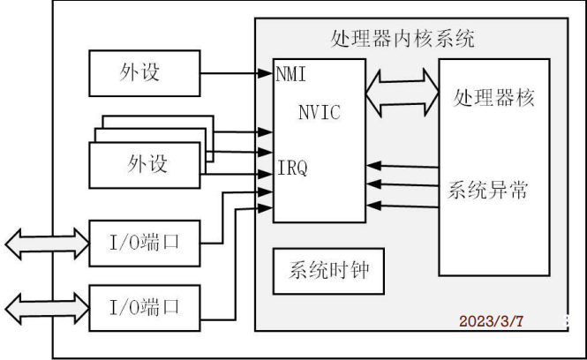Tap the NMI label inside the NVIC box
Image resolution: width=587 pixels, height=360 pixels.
(x=291, y=73)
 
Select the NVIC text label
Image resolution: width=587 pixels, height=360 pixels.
(x=319, y=112)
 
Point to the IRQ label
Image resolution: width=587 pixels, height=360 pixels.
(x=292, y=168)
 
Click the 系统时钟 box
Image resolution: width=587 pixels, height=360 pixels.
(x=327, y=273)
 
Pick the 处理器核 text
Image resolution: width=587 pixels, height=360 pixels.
(x=493, y=97)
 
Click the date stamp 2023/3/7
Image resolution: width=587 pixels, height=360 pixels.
(x=491, y=321)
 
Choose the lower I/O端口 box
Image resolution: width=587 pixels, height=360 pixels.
(x=145, y=308)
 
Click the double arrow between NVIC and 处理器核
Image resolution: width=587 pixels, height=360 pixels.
(x=403, y=90)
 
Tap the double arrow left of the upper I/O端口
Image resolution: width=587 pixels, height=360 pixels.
(x=45, y=240)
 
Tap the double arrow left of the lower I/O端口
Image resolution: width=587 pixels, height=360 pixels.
(x=45, y=307)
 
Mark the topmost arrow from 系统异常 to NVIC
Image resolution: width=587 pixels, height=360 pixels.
(x=402, y=166)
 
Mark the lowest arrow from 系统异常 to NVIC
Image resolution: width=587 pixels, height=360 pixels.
(x=402, y=205)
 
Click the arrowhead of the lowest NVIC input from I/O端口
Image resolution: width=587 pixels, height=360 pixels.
(x=266, y=208)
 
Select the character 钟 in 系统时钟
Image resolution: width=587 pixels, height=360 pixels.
(x=366, y=273)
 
